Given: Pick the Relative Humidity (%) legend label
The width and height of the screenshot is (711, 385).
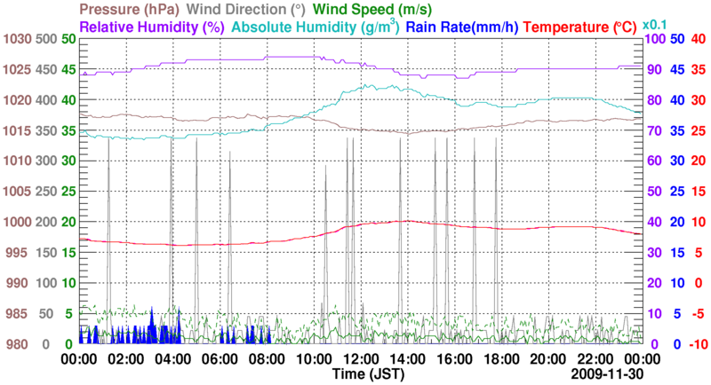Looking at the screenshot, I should click(151, 27).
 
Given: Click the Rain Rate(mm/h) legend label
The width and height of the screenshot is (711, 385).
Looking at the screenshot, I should click(462, 27).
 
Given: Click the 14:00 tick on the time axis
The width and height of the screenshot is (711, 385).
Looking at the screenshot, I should click(407, 359).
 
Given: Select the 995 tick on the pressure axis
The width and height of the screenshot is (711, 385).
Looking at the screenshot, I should click(18, 252).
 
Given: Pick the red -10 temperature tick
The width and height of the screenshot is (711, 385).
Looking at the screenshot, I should click(695, 344).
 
